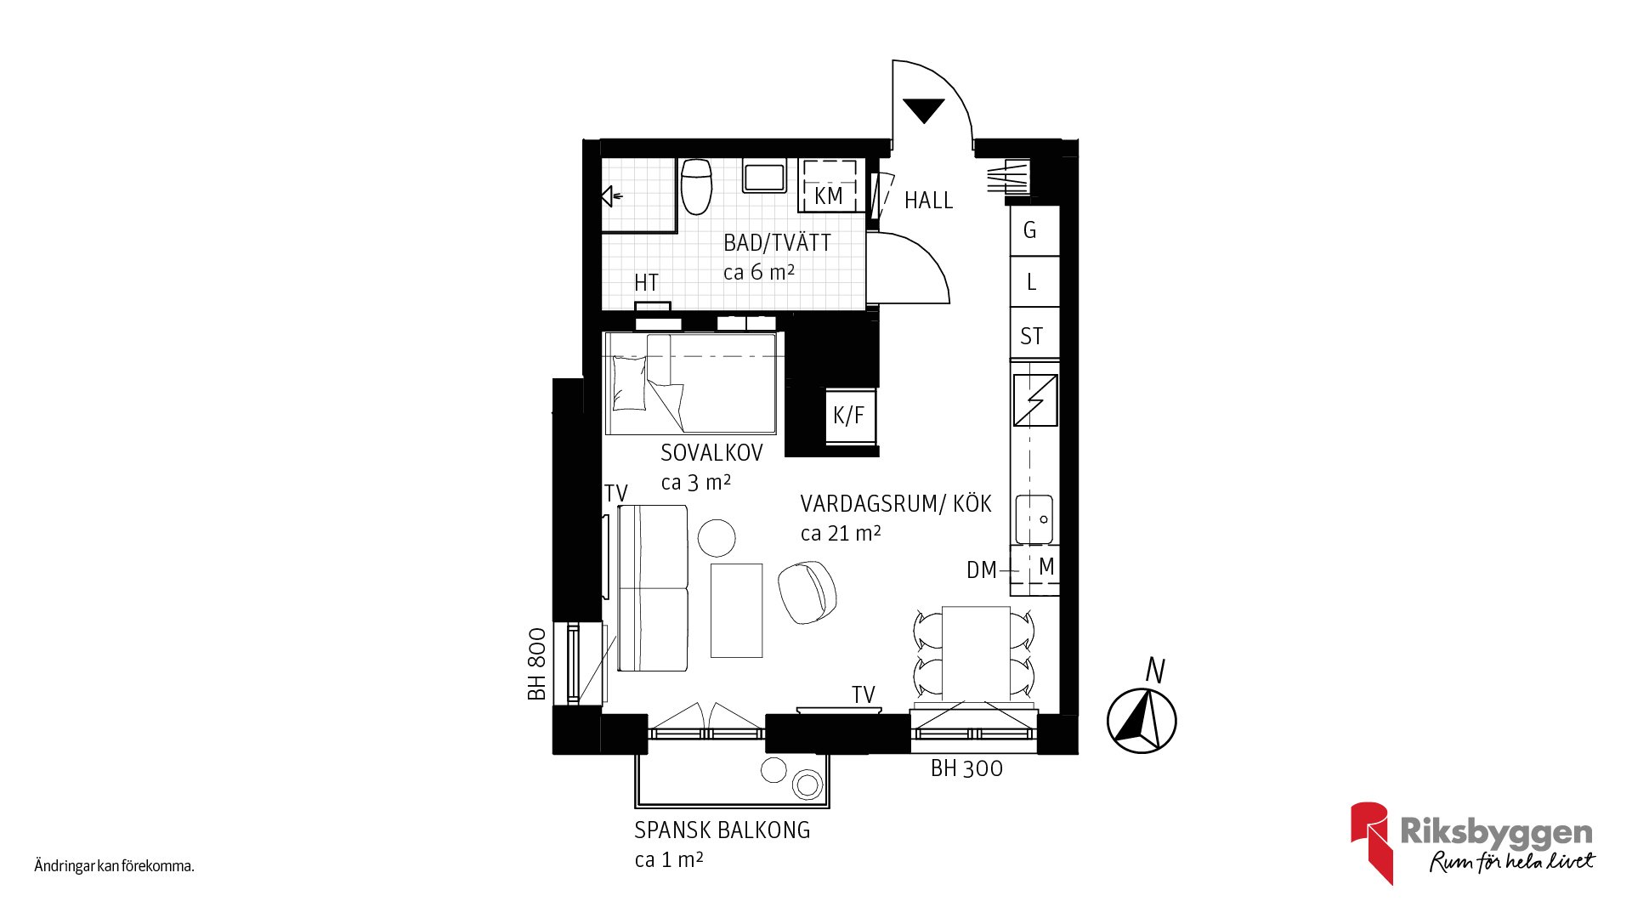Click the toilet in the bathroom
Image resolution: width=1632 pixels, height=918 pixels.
(696, 186)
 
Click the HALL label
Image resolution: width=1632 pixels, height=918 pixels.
(928, 201)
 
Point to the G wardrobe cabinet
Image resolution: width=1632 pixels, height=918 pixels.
(1034, 230)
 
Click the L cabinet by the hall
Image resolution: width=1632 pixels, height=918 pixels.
(1034, 281)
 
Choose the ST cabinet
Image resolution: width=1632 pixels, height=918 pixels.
(1034, 333)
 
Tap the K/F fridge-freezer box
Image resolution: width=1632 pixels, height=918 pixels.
(850, 415)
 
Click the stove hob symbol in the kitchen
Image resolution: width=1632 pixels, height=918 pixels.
(1035, 400)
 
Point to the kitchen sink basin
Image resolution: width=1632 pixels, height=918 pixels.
(1034, 519)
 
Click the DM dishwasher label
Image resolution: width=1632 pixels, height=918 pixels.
(982, 570)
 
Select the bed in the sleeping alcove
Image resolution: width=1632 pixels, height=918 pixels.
(690, 383)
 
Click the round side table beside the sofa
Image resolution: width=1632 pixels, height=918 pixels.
(717, 538)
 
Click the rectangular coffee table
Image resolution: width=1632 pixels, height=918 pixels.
(736, 610)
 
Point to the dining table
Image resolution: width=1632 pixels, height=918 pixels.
(976, 653)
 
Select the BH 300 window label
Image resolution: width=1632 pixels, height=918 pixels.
(966, 768)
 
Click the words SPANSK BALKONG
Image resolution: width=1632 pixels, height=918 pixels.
(722, 830)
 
